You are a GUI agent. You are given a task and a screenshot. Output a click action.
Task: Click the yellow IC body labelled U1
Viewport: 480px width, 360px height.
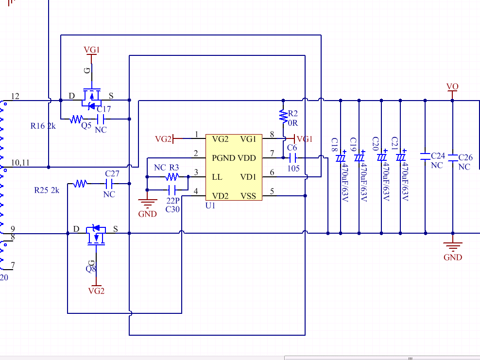234,168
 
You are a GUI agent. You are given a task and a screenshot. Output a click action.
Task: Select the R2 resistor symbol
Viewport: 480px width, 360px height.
283,116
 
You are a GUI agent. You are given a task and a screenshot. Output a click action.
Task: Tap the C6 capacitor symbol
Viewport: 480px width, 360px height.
292,158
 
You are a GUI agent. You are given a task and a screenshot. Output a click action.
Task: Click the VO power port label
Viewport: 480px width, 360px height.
452,86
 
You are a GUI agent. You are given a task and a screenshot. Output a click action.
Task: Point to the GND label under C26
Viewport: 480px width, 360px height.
453,257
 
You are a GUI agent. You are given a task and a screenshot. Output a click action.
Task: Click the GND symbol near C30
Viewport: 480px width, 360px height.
147,202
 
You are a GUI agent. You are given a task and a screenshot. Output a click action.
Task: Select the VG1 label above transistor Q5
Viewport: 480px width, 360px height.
92,50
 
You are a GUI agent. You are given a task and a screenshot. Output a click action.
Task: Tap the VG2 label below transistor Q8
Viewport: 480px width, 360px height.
96,291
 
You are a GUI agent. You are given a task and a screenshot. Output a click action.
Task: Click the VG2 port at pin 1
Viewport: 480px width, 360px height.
163,139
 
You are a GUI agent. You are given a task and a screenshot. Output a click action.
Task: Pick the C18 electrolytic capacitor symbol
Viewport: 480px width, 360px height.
341,158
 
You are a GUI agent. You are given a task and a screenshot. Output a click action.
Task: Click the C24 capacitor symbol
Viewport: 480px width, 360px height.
425,156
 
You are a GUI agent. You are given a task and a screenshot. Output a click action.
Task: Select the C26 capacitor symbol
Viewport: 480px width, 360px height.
453,157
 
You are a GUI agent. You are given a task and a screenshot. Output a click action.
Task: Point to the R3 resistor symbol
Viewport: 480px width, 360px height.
172,177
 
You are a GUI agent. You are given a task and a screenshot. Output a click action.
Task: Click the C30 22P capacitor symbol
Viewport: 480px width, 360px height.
172,190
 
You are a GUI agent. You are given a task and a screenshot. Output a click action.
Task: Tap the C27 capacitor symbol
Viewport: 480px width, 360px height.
109,184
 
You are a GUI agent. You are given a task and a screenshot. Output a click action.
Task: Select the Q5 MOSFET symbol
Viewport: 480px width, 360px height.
91,99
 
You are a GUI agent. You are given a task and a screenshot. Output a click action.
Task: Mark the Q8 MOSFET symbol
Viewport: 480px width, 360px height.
96,235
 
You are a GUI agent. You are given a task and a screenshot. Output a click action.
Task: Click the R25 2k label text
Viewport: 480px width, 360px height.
47,190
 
